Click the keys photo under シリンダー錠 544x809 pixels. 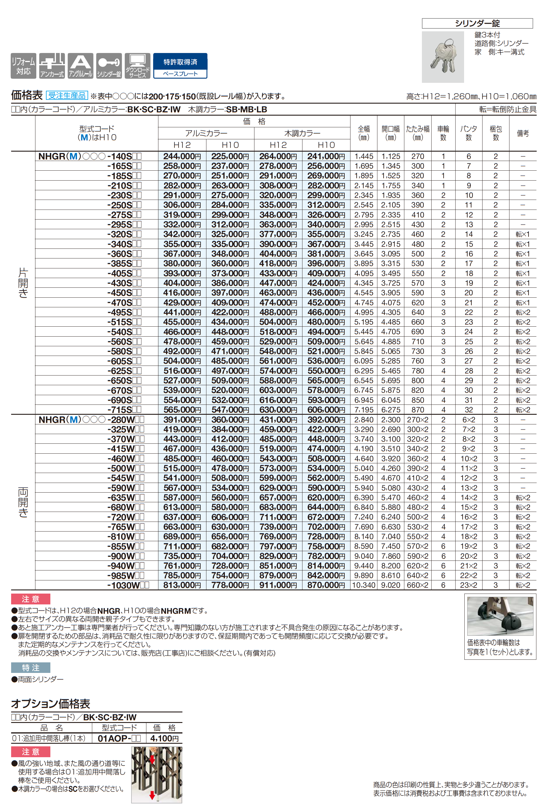443,57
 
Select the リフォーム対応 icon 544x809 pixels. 23,66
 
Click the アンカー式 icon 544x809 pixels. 52,66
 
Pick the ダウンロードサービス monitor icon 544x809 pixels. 137,66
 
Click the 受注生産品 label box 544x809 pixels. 67,96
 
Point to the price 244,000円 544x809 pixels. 182,156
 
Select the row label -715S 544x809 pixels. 124,410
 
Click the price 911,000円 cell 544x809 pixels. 278,585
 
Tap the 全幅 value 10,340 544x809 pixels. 364,585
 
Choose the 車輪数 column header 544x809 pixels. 443,133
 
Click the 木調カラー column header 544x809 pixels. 302,133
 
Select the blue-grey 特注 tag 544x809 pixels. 30,668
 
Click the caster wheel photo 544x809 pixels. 500,616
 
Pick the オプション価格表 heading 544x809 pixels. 51,704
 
